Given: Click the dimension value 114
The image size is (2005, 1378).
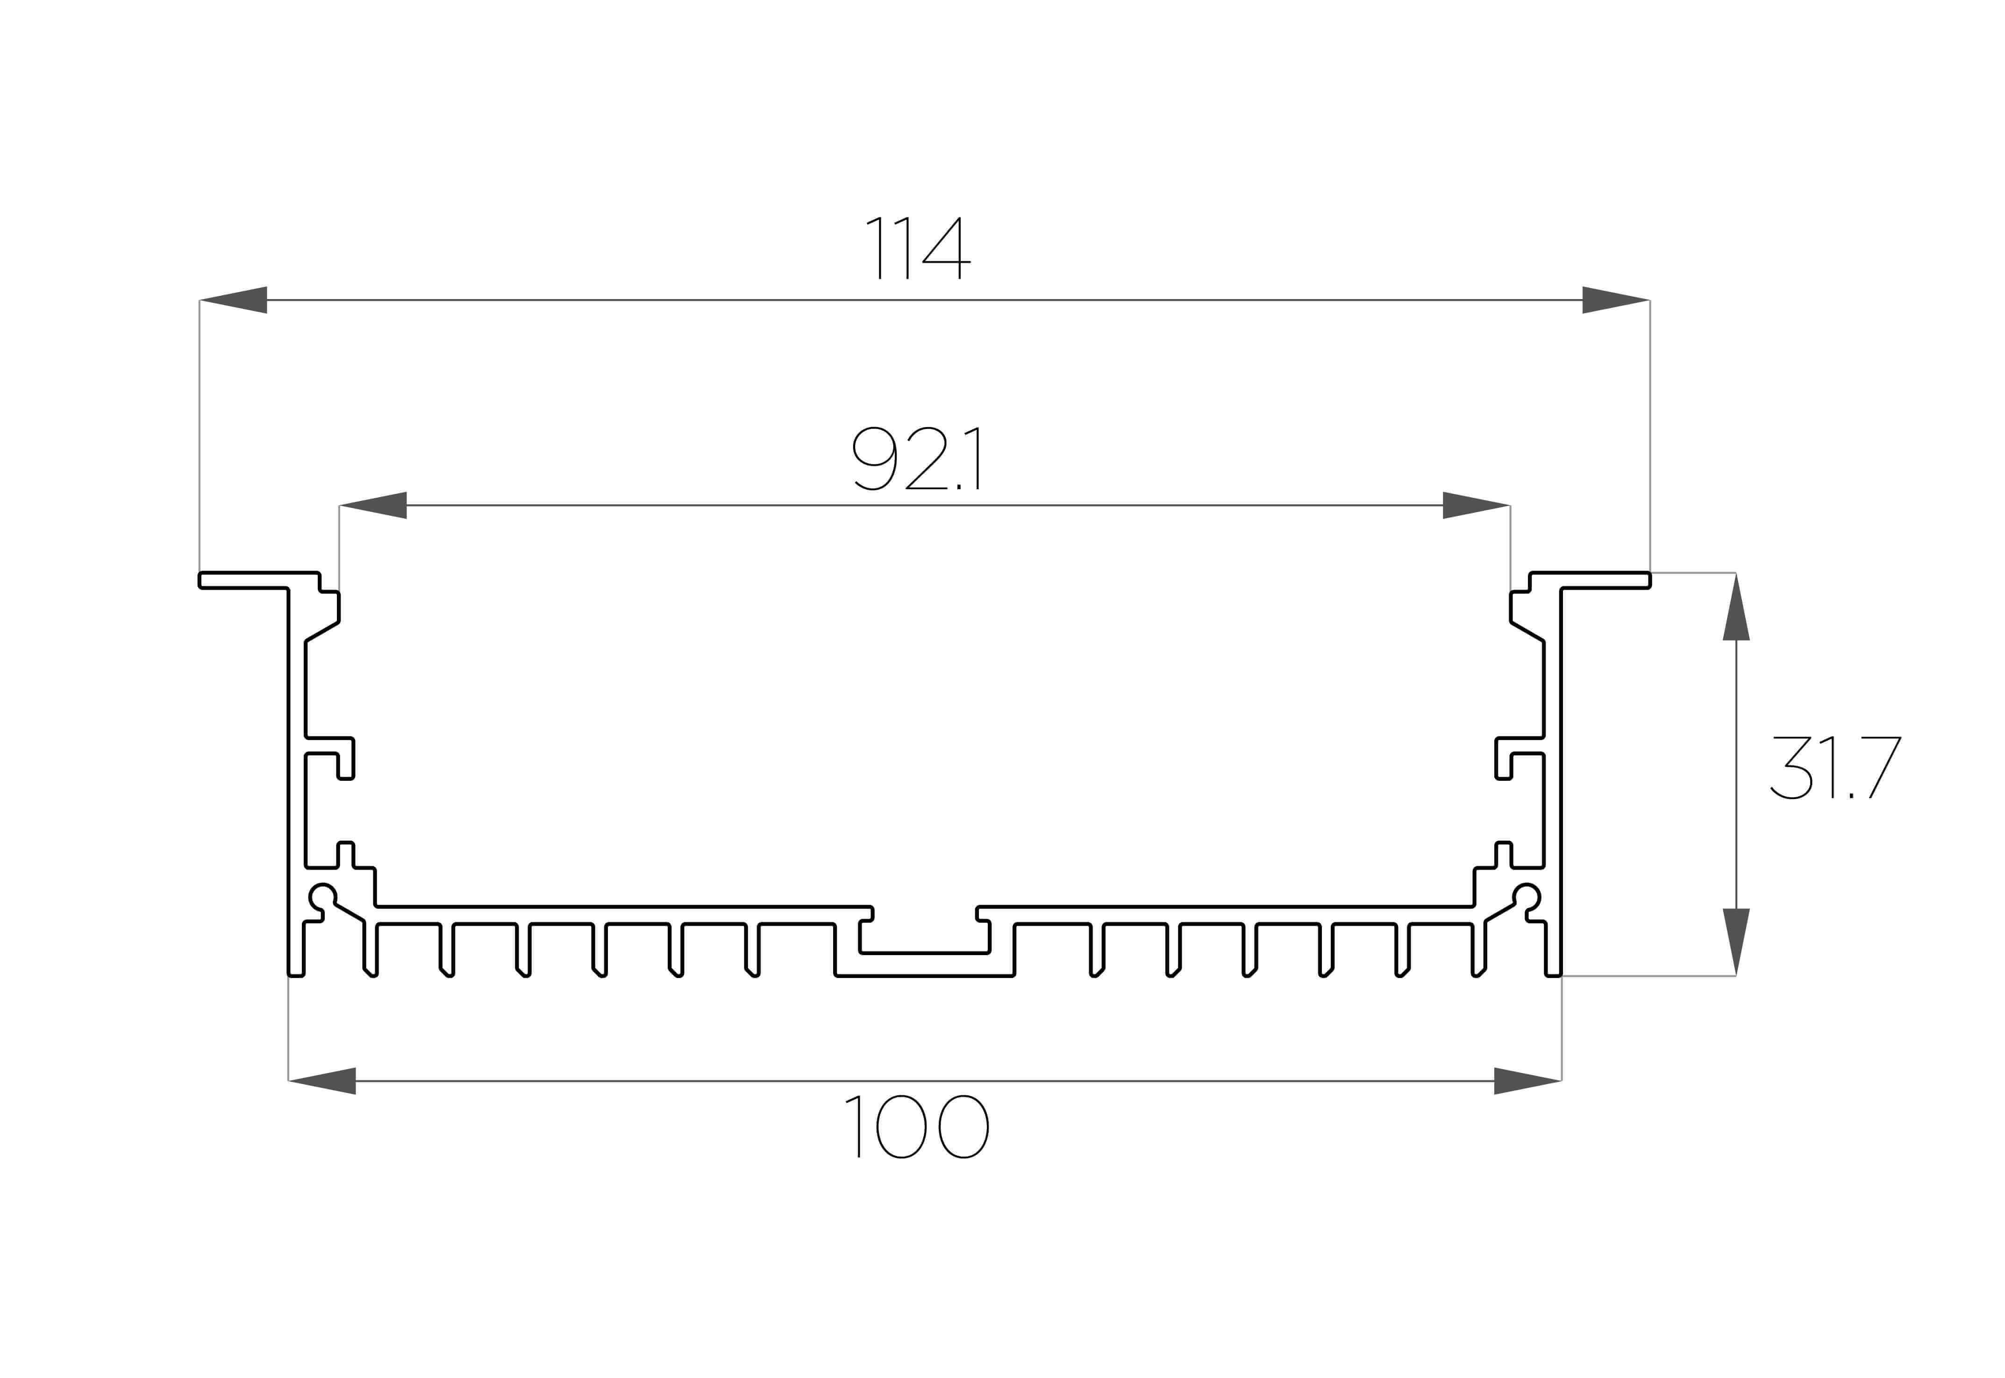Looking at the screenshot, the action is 918,248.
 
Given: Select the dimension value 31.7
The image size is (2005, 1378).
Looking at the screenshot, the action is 1835,768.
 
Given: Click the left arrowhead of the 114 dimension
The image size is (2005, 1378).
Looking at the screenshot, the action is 233,300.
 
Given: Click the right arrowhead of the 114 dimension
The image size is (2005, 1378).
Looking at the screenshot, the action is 1616,300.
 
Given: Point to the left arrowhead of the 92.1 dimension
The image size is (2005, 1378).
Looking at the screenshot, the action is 373,505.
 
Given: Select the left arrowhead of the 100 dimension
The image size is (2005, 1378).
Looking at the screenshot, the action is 322,1081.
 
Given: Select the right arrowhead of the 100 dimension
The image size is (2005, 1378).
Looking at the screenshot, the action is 1528,1081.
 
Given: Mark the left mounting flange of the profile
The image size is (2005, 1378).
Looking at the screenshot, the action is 259,580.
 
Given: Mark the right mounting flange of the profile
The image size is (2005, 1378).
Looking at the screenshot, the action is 1590,580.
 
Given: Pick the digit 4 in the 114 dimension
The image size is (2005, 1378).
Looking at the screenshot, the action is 947,248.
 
